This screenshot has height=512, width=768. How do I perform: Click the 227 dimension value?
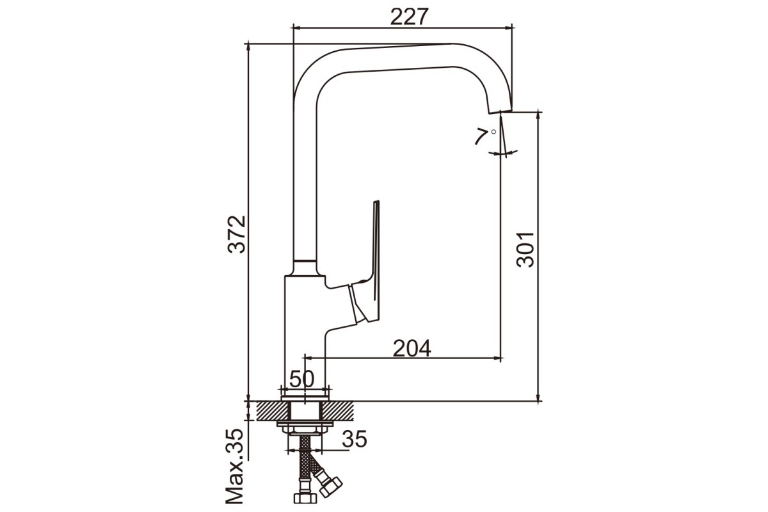point(410,17)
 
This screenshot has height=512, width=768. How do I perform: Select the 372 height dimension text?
point(237,234)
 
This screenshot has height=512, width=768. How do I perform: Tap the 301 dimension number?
point(525,250)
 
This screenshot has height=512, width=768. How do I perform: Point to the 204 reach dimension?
point(412,348)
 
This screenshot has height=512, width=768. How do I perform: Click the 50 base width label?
point(301,379)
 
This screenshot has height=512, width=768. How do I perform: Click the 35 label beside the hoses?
point(355,439)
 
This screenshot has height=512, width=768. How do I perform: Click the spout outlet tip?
point(500,111)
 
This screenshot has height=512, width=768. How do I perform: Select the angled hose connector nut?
point(330,486)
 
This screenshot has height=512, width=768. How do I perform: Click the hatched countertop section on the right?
point(337,411)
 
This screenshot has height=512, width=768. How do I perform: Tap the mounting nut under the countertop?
point(305,429)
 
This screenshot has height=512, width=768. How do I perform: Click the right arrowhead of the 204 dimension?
point(497,358)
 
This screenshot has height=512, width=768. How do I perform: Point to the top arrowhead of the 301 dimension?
point(539,116)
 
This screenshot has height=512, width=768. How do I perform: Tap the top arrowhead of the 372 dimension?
point(248,48)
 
